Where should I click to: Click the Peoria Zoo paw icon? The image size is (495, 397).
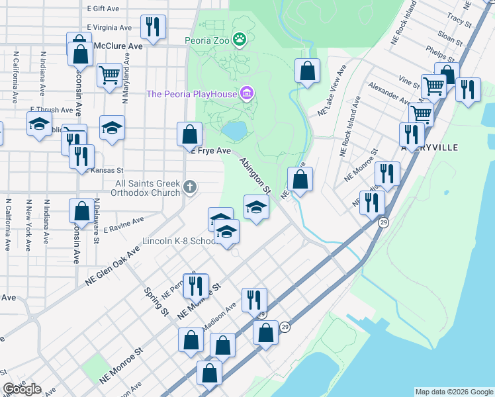[x=239, y=40]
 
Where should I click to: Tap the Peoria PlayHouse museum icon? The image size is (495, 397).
[x=247, y=93]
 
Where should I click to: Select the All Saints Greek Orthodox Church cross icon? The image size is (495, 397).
[x=190, y=187]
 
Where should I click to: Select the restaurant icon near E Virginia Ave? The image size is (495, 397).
[x=153, y=27]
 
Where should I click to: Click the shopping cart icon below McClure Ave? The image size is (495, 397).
[x=109, y=74]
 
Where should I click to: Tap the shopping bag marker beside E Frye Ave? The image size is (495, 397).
[x=189, y=134]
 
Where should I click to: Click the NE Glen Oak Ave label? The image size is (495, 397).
[x=113, y=267]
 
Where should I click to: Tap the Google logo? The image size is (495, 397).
[x=22, y=389]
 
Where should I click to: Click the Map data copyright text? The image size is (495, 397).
[x=453, y=392]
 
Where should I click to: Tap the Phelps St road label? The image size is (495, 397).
[x=439, y=52]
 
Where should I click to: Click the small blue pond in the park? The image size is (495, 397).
[x=234, y=131]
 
